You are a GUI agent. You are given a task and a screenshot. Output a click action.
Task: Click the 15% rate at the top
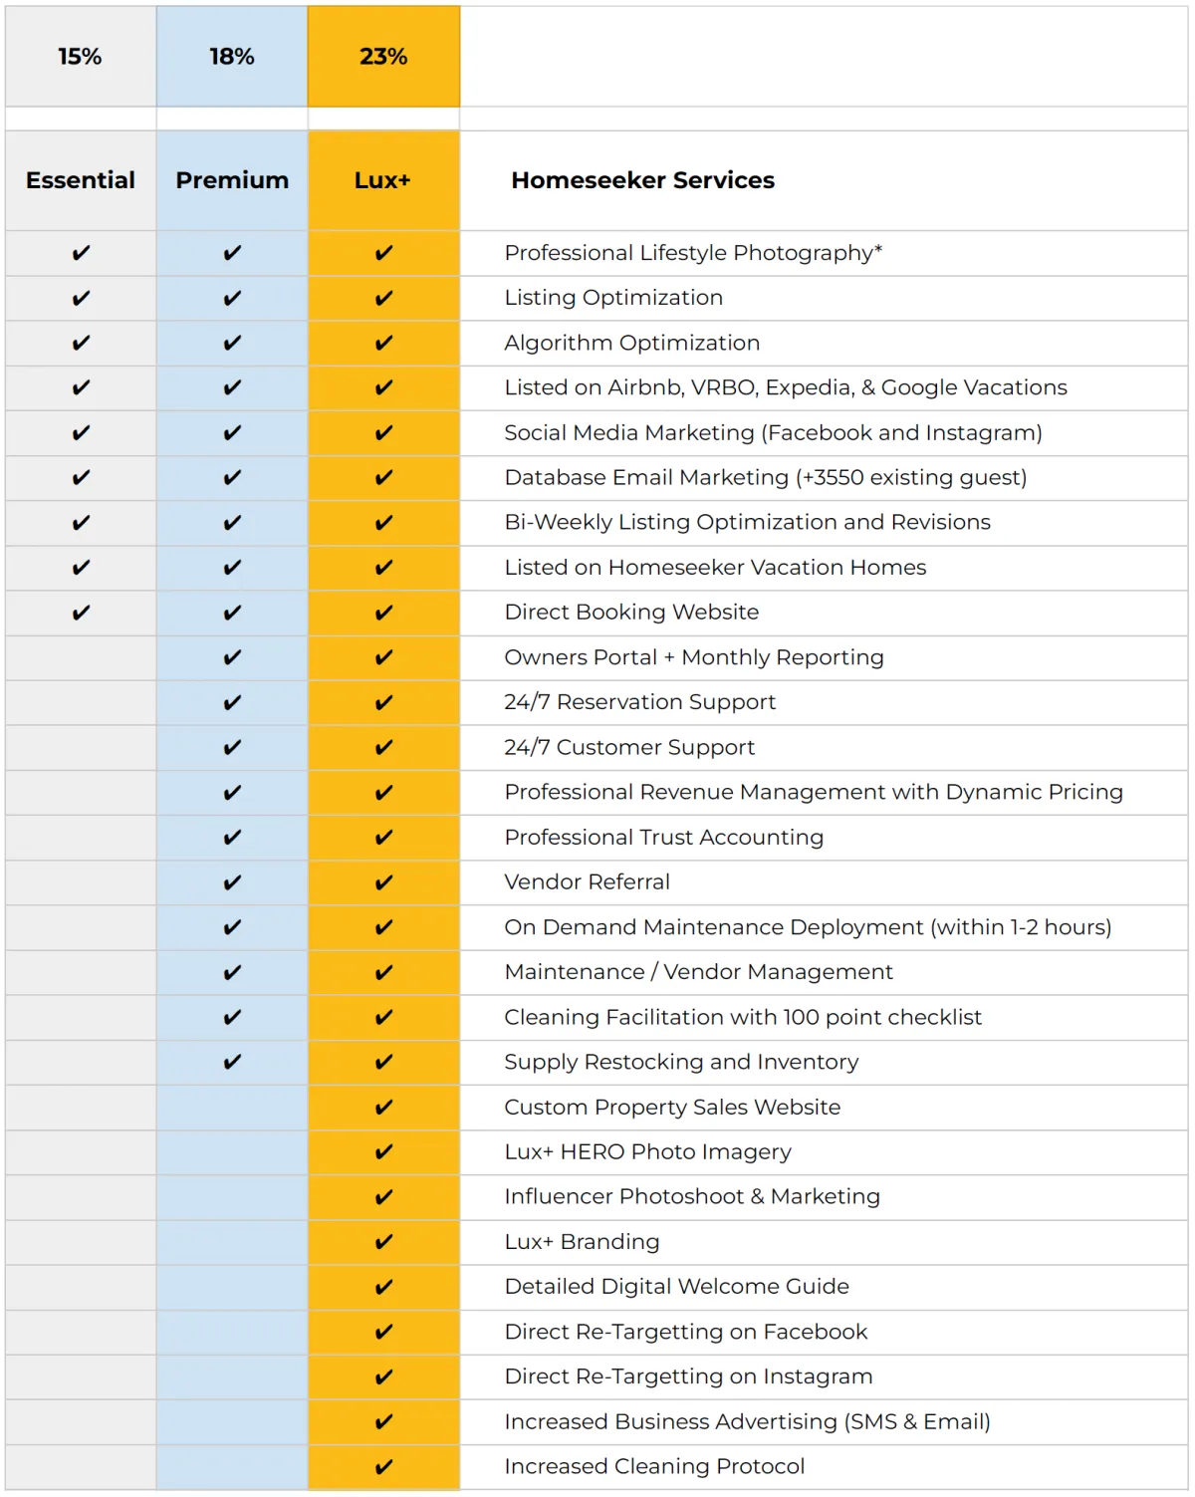tap(80, 57)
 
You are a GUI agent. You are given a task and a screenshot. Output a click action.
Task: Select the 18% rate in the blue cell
tap(232, 57)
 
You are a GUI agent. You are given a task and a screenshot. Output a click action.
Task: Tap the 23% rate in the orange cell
tap(383, 57)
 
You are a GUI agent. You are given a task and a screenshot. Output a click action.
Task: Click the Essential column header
tap(81, 180)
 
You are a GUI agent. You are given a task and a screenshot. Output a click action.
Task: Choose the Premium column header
tap(232, 180)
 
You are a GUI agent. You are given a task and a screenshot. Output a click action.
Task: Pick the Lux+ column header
tap(382, 180)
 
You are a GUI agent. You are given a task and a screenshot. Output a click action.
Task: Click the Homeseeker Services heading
tap(642, 180)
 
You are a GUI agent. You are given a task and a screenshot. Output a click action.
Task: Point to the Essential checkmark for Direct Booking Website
tap(81, 613)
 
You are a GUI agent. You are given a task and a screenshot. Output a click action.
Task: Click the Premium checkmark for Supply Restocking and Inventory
tap(232, 1062)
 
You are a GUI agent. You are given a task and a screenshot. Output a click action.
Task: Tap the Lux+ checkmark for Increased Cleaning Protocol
tap(383, 1466)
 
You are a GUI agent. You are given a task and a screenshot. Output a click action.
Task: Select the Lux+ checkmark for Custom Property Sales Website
tap(383, 1107)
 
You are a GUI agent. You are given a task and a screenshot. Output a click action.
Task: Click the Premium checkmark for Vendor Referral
tap(232, 882)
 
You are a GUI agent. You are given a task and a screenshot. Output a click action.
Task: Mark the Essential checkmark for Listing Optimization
tap(81, 298)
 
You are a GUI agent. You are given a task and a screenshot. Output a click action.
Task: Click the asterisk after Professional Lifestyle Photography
tap(878, 249)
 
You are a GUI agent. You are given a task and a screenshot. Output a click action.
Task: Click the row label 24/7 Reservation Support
tap(639, 702)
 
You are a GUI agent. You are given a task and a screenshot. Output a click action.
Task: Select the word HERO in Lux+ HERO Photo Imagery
tap(593, 1151)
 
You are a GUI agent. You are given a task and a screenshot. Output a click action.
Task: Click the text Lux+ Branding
tap(582, 1242)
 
